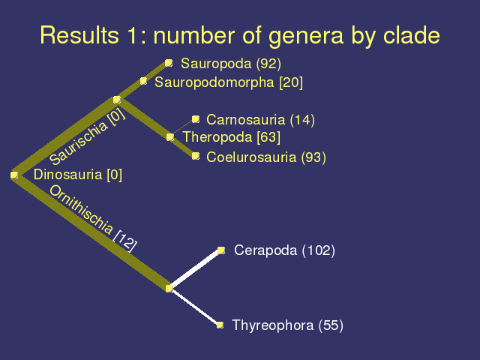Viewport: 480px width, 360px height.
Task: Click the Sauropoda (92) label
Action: click(x=231, y=64)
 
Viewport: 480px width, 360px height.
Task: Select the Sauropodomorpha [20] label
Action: click(x=229, y=82)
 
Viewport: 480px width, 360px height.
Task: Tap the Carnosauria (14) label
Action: click(x=260, y=120)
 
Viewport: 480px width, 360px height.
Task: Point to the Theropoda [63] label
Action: click(x=232, y=136)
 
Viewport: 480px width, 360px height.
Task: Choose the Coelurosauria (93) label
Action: click(x=266, y=157)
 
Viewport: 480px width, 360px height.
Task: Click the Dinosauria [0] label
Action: click(x=78, y=175)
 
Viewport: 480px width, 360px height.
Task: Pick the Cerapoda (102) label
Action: click(x=284, y=250)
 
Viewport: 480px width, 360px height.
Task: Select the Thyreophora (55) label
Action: click(x=288, y=325)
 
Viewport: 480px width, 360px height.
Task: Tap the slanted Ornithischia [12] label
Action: click(x=93, y=218)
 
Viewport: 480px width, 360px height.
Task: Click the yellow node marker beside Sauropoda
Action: click(x=169, y=63)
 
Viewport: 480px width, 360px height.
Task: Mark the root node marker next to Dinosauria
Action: click(x=14, y=175)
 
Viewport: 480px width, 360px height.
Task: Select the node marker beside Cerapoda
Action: click(x=221, y=250)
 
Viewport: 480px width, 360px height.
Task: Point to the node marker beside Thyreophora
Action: click(x=220, y=325)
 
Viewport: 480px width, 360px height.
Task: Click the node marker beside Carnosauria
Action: click(x=196, y=119)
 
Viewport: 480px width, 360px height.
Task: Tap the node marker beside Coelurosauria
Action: click(x=196, y=156)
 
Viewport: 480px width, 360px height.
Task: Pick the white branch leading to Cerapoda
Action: click(x=195, y=269)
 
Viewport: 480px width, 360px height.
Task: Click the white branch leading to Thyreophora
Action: click(x=195, y=307)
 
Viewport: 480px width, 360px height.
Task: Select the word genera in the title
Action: click(x=306, y=36)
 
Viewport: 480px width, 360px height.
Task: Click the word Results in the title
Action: click(x=79, y=35)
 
